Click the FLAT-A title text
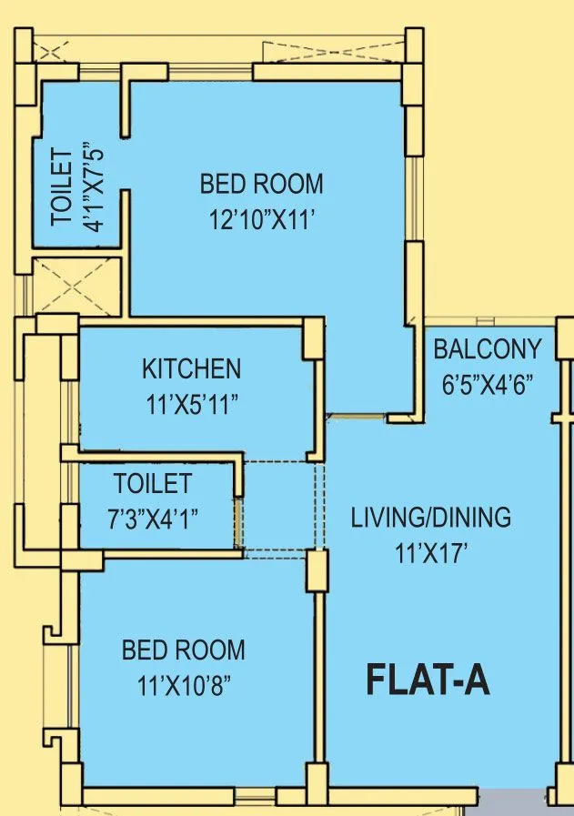point(428,680)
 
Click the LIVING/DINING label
point(431,518)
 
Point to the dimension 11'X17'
point(431,551)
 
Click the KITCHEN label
point(191,368)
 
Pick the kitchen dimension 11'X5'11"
point(191,404)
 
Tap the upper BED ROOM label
point(261,185)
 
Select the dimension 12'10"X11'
point(261,219)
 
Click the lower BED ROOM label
point(183,650)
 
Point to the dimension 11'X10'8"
point(183,684)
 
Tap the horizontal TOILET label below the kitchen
point(152,483)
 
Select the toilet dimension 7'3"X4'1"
point(152,518)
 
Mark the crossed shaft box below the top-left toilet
point(76,286)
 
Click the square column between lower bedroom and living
point(316,571)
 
